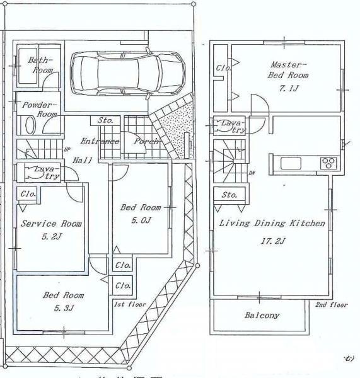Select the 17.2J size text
pos(271,240)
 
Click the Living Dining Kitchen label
pos(272,224)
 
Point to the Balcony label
pos(262,316)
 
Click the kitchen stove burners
pos(329,162)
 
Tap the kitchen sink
pos(291,164)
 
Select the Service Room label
pos(51,224)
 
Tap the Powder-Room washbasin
pos(30,125)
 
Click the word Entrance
pos(100,142)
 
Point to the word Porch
pos(146,142)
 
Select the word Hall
pos(82,161)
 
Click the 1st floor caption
pos(129,304)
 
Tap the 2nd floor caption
pos(331,304)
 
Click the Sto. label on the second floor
pos(229,195)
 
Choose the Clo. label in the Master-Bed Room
pos(221,68)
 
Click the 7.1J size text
pos(288,89)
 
